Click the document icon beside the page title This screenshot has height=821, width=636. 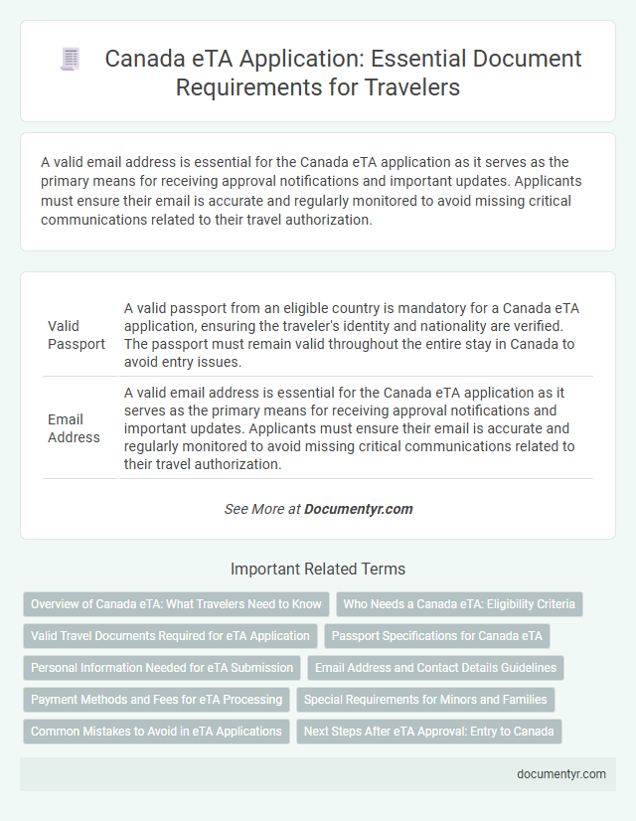coord(70,59)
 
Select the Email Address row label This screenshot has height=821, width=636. coord(75,427)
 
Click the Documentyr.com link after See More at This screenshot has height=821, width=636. coord(358,509)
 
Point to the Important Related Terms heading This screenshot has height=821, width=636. coord(318,570)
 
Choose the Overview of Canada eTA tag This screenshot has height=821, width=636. coord(176,603)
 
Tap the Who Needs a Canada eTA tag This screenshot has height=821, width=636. coord(460,603)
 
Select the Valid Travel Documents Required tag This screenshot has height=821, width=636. coord(170,635)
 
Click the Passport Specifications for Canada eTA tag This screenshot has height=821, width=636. coord(437,635)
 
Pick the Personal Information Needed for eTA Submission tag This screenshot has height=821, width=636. coord(162,667)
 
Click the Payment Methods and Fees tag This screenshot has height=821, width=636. coord(156,699)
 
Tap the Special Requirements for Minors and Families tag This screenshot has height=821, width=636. coord(425,699)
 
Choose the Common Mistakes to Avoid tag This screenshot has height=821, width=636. coord(156,731)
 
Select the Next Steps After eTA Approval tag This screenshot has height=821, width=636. coord(429,731)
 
